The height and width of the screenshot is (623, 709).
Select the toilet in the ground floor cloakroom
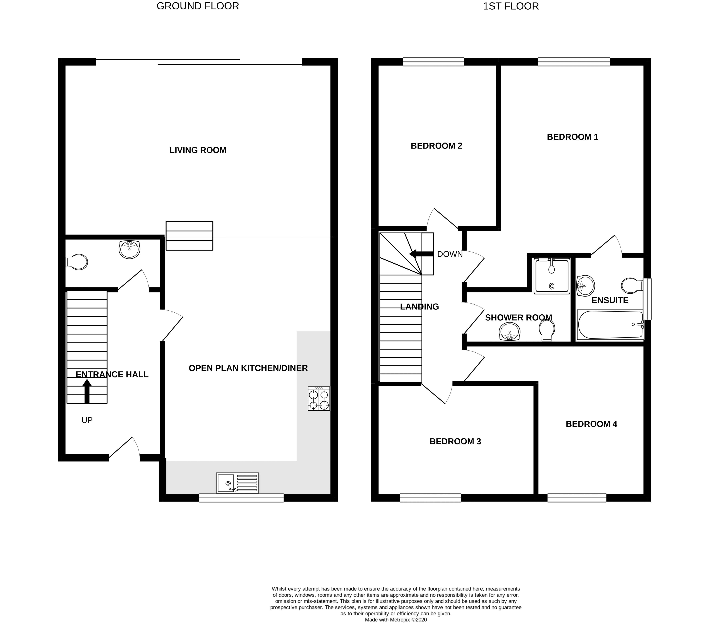[x=77, y=262]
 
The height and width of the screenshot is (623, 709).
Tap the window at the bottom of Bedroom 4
[x=577, y=498]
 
